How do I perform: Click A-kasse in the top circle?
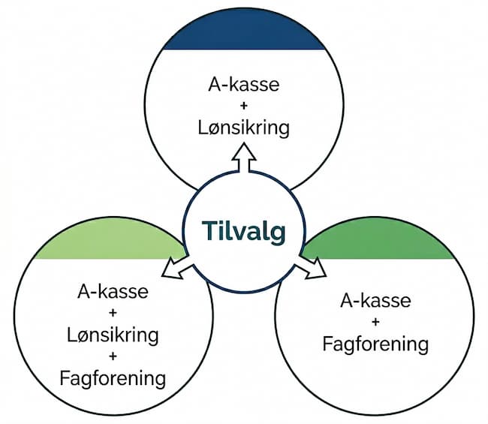[x=244, y=83]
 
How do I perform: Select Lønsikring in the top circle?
[x=244, y=127]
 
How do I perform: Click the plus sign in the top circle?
[x=244, y=106]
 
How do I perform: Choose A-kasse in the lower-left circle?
[x=113, y=290]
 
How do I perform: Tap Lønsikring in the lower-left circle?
[x=113, y=334]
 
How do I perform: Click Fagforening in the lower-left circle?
[x=113, y=377]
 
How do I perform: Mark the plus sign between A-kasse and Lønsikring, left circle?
[x=113, y=312]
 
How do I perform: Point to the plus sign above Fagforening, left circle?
[x=113, y=356]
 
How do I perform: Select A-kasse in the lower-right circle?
[x=375, y=301]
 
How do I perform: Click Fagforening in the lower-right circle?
[x=375, y=344]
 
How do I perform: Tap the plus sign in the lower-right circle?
[x=375, y=323]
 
